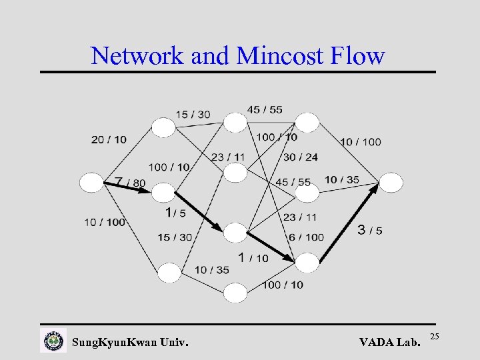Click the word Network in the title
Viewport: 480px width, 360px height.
[138, 55]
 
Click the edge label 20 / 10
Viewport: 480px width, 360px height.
[109, 139]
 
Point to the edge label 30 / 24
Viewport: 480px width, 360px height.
[300, 157]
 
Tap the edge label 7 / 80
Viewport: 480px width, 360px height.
[129, 182]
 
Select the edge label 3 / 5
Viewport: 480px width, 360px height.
[370, 231]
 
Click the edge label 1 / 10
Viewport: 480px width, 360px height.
[253, 257]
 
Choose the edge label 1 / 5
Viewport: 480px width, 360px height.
[175, 213]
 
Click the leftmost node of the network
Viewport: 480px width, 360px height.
[91, 182]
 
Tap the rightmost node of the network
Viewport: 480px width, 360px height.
[391, 182]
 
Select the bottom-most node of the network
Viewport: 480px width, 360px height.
[235, 293]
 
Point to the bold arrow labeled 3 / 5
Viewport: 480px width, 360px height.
[349, 223]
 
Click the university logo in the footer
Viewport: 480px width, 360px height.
[53, 341]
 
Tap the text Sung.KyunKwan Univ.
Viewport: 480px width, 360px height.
[130, 343]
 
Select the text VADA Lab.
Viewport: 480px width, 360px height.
[390, 343]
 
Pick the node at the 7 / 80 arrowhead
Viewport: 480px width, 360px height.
[163, 193]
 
